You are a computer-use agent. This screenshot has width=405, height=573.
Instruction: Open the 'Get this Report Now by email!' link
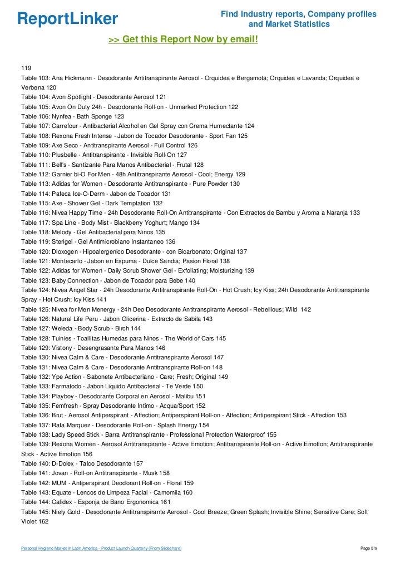(183, 39)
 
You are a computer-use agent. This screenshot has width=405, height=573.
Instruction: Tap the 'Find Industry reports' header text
(299, 13)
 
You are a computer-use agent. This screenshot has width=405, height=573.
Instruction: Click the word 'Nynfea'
(63, 116)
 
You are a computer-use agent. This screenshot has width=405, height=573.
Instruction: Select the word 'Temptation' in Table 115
(132, 203)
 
